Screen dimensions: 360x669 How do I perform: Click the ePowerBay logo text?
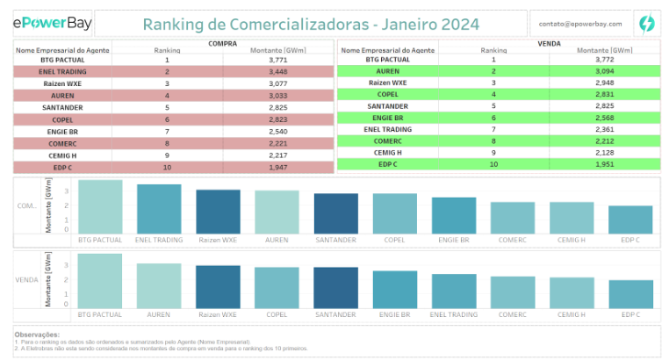point(49,24)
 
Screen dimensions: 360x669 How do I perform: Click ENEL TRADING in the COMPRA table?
point(62,70)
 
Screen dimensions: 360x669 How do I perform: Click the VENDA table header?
point(549,43)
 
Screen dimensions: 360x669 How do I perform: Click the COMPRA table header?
point(223,43)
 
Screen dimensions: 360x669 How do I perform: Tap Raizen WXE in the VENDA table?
point(387,83)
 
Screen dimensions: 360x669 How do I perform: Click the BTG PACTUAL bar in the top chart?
point(100,206)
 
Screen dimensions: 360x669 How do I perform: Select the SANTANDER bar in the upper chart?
point(335,213)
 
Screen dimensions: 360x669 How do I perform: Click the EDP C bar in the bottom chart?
point(630,294)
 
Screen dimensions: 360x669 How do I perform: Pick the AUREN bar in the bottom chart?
point(159,285)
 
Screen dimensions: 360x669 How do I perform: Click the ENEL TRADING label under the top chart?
point(159,239)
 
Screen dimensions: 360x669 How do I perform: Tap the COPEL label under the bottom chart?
point(277,313)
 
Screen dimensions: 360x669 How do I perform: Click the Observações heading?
point(37,335)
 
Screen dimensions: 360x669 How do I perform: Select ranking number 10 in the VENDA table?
point(493,164)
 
